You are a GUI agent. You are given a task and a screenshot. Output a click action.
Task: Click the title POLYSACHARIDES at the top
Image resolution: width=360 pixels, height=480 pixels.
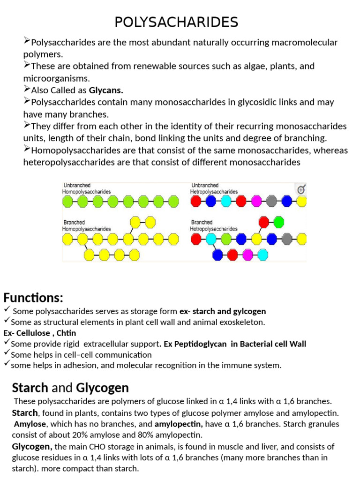[x=177, y=22]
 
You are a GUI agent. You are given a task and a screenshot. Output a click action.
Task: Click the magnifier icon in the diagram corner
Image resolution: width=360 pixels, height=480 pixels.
[x=301, y=189]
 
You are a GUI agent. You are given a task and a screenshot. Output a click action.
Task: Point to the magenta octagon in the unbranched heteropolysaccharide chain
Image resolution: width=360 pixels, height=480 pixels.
[x=256, y=202]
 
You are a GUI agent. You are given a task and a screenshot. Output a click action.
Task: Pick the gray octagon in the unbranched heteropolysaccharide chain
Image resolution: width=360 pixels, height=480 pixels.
[x=271, y=202]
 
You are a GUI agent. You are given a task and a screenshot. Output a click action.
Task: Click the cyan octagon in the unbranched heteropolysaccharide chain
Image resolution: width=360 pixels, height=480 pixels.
[x=226, y=202]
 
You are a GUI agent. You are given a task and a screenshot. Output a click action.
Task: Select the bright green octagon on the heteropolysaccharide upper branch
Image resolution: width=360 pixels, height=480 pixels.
[x=278, y=221]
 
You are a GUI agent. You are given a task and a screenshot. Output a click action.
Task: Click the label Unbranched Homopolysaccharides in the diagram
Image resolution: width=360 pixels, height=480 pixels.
[x=87, y=188]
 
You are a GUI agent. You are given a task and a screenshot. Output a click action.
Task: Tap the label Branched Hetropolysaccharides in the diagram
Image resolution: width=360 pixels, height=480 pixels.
[x=213, y=225]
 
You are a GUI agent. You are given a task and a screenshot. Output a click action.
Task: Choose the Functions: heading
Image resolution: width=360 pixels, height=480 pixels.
[x=33, y=298]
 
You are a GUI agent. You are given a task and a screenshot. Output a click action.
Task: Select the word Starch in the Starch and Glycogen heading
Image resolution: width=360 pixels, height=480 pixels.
[x=30, y=388]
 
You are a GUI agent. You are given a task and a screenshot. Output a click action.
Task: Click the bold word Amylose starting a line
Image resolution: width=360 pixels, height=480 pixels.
[x=27, y=424]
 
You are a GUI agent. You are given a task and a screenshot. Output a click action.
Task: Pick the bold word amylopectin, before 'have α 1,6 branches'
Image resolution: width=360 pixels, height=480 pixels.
[x=179, y=424]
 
